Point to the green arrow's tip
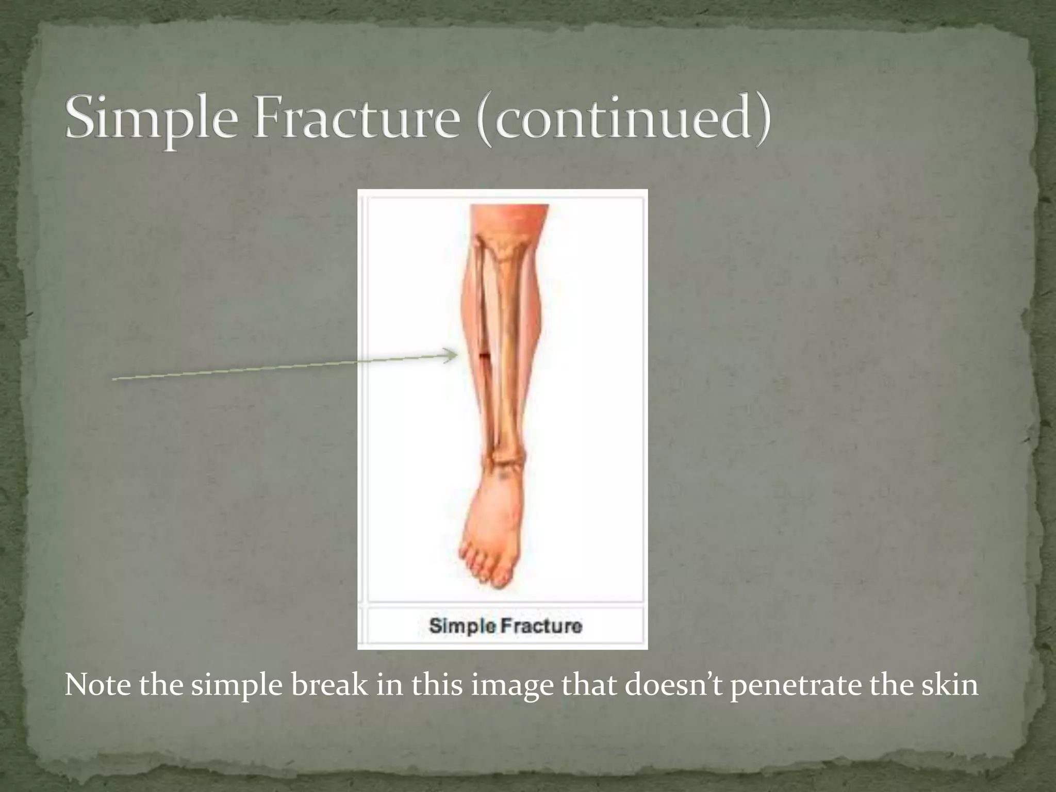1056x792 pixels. point(456,355)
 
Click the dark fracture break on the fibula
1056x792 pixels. point(485,355)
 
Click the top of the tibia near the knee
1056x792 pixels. point(503,247)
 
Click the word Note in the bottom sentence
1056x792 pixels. point(97,686)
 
